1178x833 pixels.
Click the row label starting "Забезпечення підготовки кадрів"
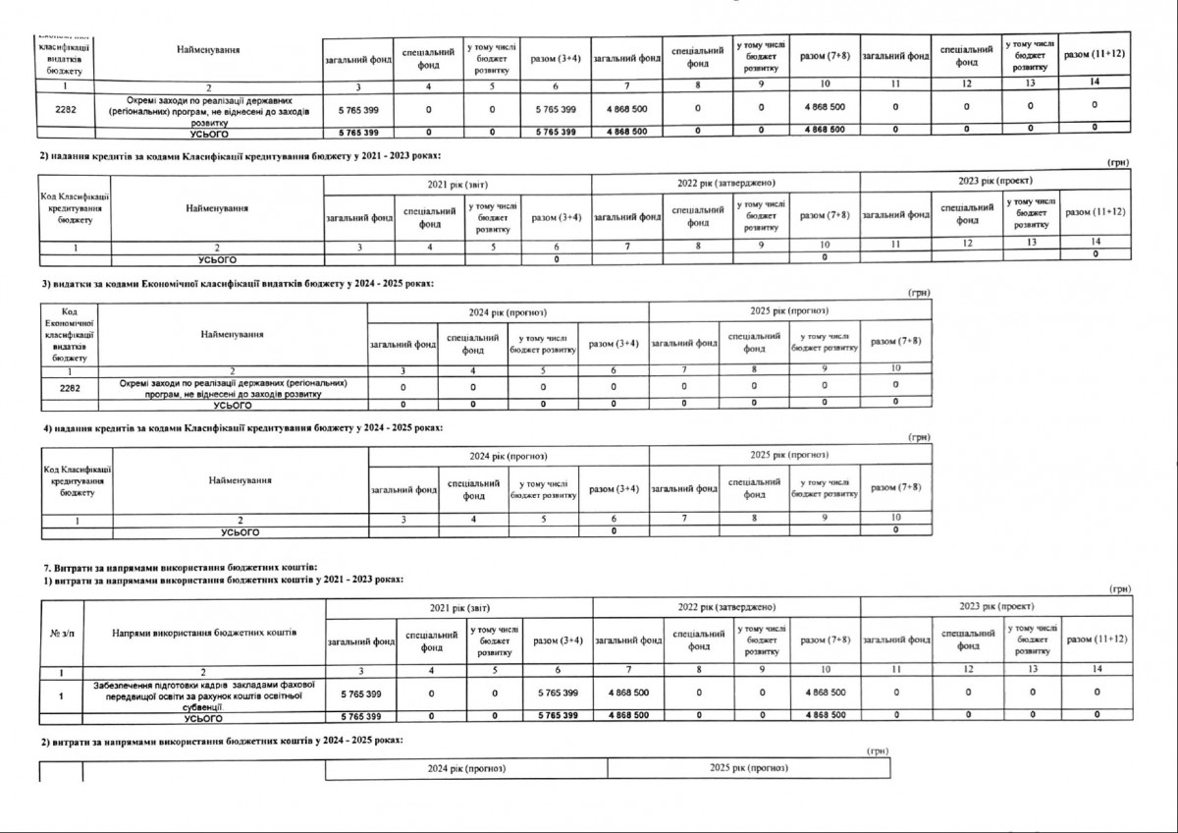point(203,694)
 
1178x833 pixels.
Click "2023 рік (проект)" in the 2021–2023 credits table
point(994,183)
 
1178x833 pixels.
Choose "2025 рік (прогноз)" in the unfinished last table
point(748,767)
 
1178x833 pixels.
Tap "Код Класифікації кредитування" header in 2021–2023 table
point(74,208)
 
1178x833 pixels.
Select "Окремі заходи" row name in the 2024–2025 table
point(233,388)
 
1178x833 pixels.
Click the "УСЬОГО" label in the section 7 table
point(203,717)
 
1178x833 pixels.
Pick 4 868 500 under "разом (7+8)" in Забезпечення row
point(825,693)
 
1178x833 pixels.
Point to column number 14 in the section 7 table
point(1096,670)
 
